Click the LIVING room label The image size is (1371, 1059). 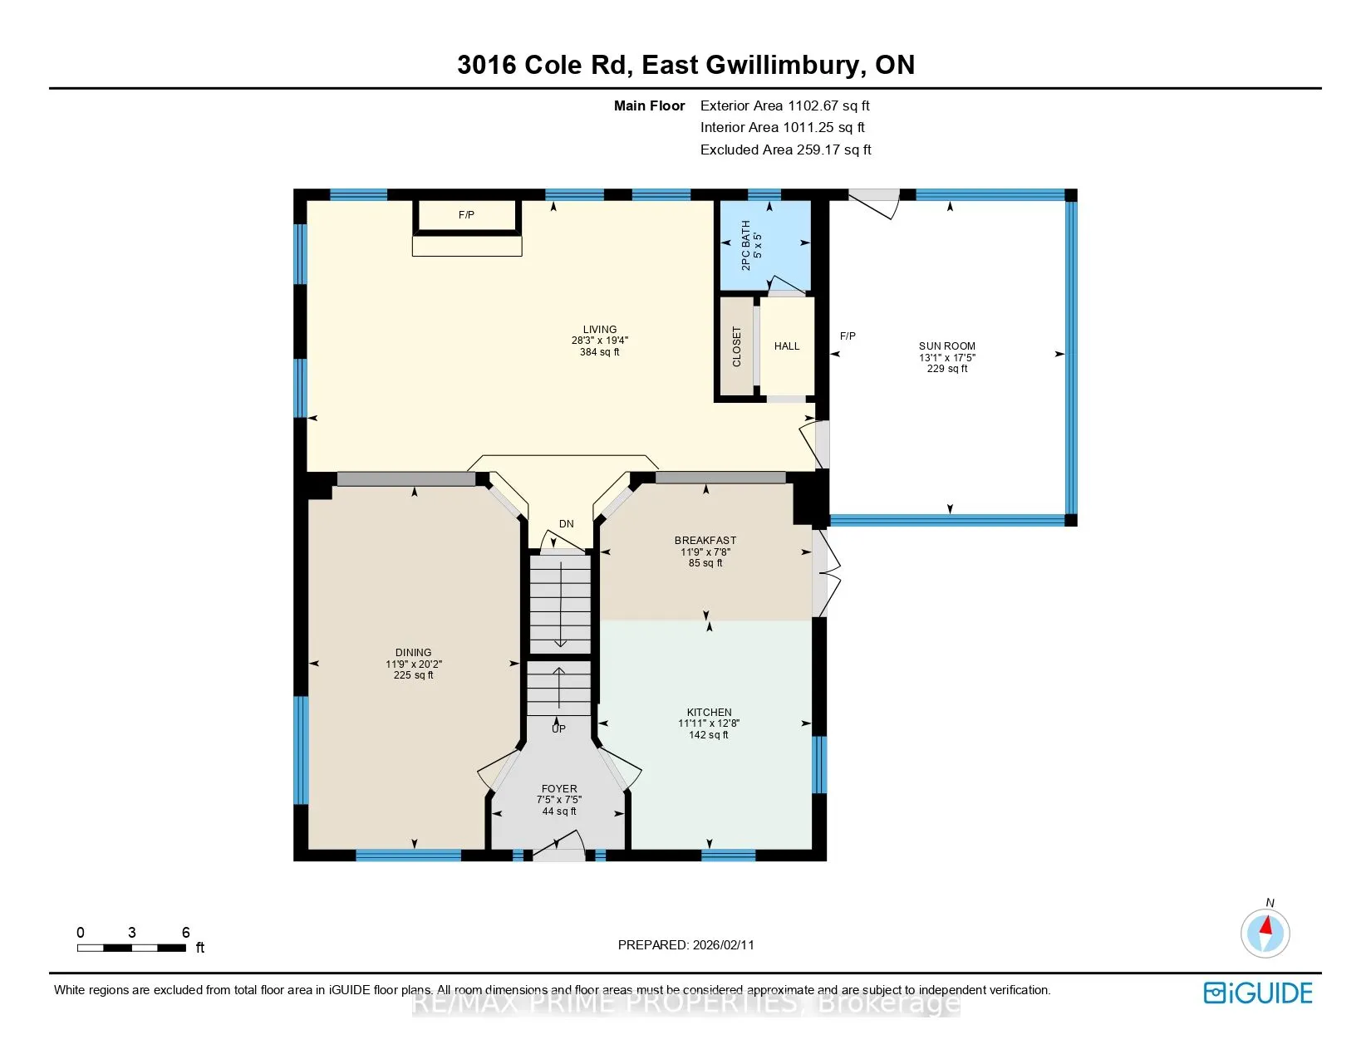click(x=599, y=329)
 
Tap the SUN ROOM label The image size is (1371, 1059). click(x=946, y=346)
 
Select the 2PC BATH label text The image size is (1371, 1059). click(x=746, y=245)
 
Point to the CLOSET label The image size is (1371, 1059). click(x=736, y=346)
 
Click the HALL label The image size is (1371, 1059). click(x=787, y=346)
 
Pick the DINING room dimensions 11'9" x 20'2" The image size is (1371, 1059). click(x=414, y=664)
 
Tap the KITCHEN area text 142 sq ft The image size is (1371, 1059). click(x=709, y=735)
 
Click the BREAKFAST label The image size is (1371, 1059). click(x=705, y=541)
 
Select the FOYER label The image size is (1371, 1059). click(x=559, y=788)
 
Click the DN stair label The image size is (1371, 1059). click(x=566, y=523)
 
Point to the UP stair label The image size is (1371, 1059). click(x=558, y=728)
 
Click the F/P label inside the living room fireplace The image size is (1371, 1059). click(x=466, y=215)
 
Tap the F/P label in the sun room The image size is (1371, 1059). click(x=848, y=336)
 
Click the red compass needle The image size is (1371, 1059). click(x=1266, y=925)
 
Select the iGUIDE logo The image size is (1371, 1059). click(x=1257, y=993)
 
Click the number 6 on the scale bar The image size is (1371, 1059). click(x=185, y=932)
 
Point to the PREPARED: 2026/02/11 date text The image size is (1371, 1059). click(x=685, y=945)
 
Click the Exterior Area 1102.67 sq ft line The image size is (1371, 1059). click(x=785, y=106)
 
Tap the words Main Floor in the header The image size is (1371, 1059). click(x=649, y=106)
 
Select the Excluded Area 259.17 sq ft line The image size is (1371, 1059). click(x=785, y=150)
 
